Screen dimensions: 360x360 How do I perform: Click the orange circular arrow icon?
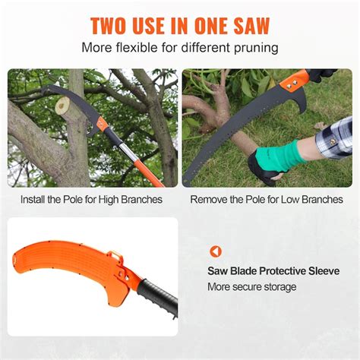[216, 251]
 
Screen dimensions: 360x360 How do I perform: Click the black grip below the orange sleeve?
[159, 300]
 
